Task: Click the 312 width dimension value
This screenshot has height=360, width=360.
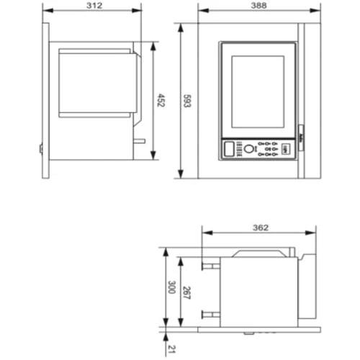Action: point(94,6)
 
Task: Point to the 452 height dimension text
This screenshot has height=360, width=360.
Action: point(161,101)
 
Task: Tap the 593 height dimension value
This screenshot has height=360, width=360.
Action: point(186,101)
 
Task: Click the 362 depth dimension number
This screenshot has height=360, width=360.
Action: point(260,228)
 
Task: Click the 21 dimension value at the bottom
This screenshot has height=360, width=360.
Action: point(171,349)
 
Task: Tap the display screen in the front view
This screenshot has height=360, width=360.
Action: point(257,91)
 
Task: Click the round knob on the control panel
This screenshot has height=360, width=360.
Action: point(248,149)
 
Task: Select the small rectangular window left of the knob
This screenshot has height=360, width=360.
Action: point(230,149)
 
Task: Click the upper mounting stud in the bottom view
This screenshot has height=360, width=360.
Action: point(210,265)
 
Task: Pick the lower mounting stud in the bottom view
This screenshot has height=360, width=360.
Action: point(210,313)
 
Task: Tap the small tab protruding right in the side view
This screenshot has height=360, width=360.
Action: point(140,141)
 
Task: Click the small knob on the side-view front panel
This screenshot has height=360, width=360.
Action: point(41,150)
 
